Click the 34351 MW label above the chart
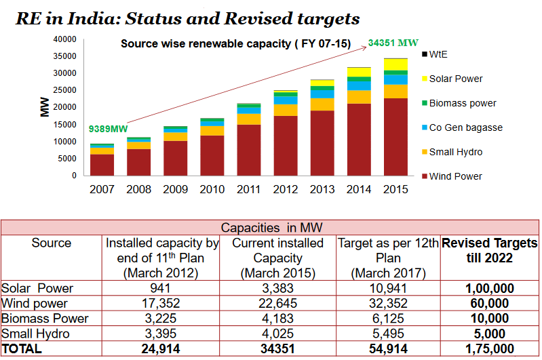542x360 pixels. click(x=393, y=43)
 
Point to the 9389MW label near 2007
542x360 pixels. click(x=109, y=129)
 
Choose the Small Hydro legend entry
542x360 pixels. click(x=455, y=152)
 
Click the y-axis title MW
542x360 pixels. click(x=45, y=106)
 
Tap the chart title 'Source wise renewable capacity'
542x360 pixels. click(x=235, y=44)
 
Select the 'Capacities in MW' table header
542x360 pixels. click(x=269, y=228)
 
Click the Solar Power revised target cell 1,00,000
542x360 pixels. click(x=488, y=288)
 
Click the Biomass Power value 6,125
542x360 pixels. click(x=387, y=318)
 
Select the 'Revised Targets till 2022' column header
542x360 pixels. click(x=489, y=250)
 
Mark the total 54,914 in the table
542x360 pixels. click(x=387, y=348)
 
